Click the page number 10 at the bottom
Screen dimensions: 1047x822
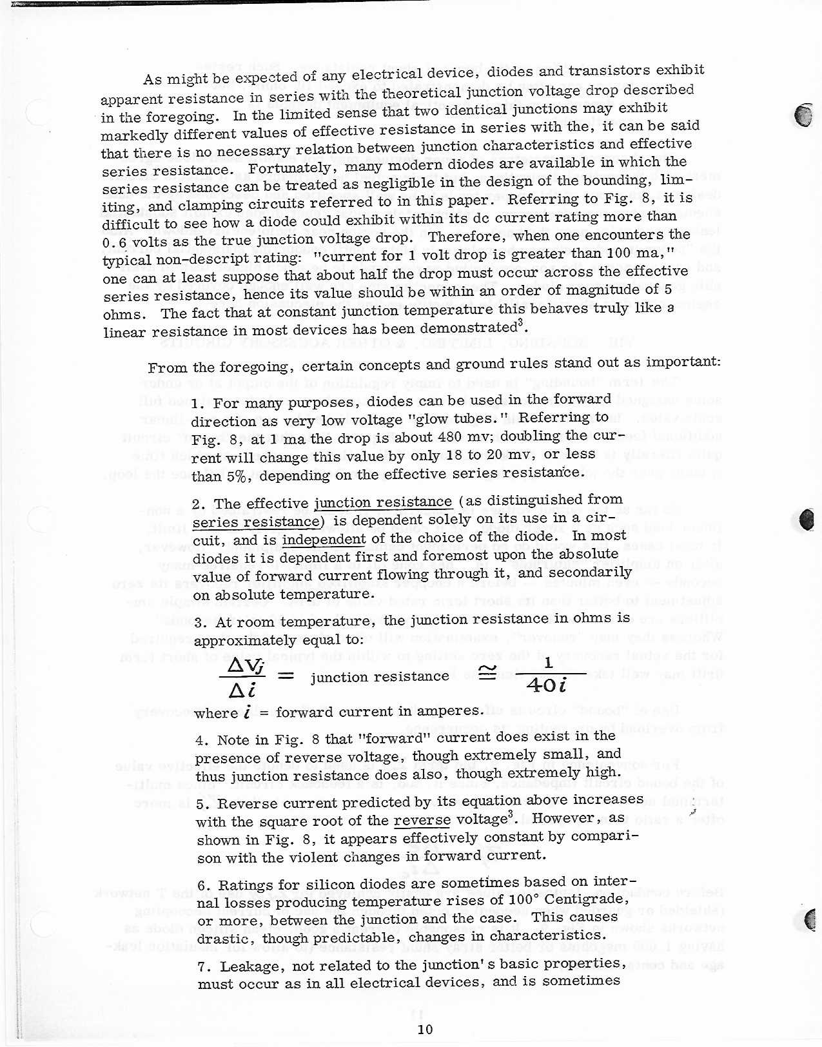(425, 1029)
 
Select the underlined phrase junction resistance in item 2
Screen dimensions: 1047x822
(383, 502)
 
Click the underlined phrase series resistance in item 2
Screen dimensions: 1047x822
(256, 521)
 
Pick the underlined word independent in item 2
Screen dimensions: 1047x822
(324, 538)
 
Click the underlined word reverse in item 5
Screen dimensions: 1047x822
(422, 820)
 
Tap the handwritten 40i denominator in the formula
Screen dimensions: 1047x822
(546, 685)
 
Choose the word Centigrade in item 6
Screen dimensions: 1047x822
(586, 899)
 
